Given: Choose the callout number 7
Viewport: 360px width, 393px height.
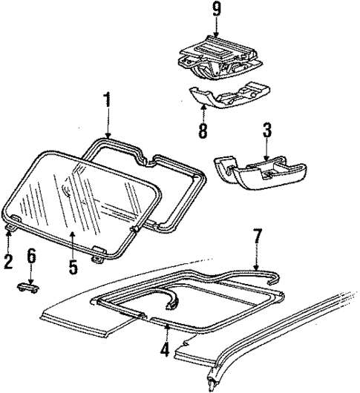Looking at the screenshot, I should coord(257,238).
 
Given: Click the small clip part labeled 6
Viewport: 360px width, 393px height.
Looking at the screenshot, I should coord(30,287).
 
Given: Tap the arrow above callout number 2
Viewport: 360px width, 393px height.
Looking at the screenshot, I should coord(8,239).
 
